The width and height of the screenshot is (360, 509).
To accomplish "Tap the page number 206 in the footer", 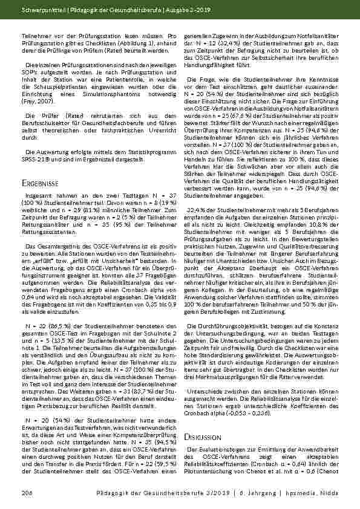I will tap(25, 494).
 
